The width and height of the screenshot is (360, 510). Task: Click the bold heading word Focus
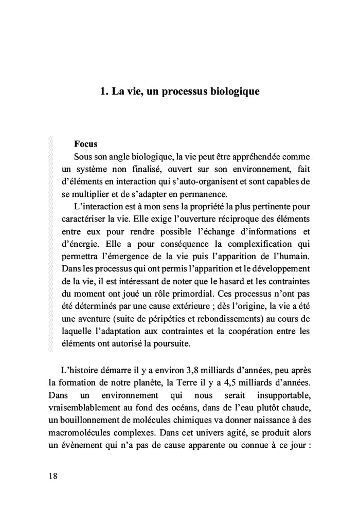86,144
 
